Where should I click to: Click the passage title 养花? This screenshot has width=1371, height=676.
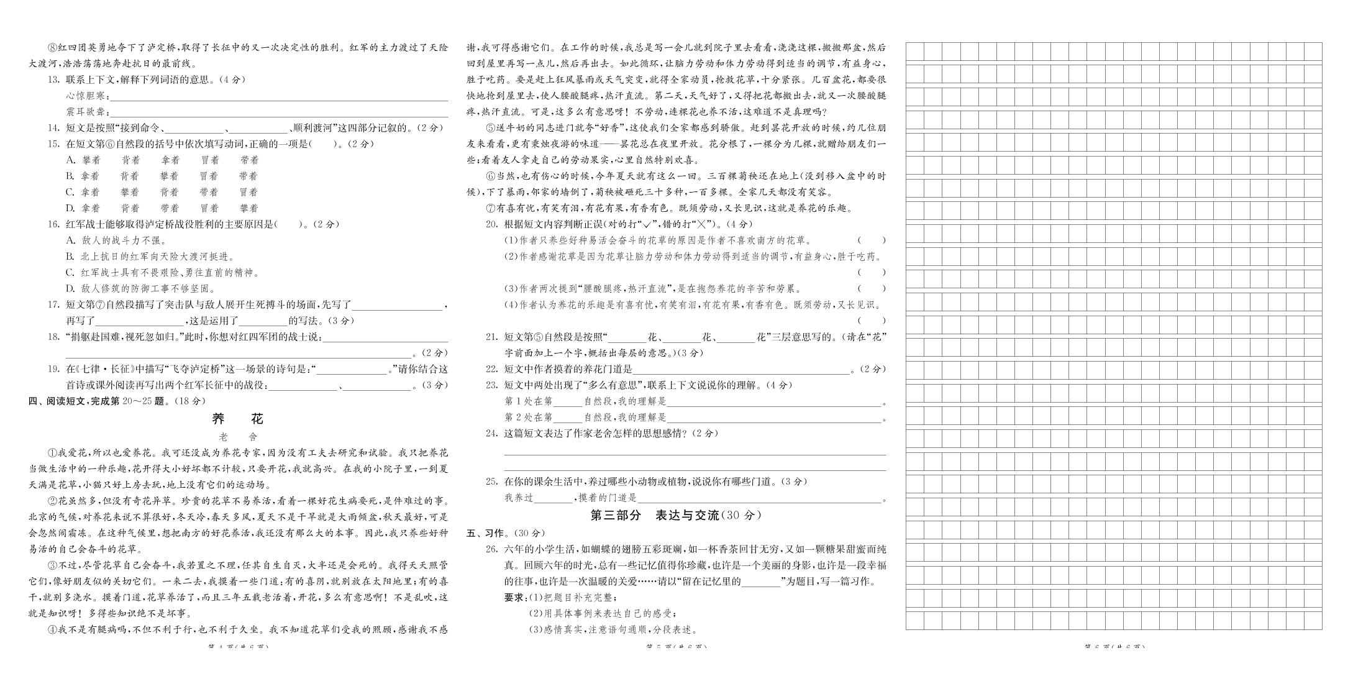(238, 419)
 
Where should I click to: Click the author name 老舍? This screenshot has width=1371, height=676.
(238, 437)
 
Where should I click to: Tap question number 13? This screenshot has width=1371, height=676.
(53, 80)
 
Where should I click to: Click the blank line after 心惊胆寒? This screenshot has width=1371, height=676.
(278, 97)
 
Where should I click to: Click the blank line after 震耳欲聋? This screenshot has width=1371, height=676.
(278, 113)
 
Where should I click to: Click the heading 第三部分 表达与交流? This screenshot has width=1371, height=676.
(675, 515)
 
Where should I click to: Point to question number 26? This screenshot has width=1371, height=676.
(491, 549)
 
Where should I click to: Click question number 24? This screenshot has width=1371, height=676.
(491, 434)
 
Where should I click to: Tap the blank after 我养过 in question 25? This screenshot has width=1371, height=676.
(553, 498)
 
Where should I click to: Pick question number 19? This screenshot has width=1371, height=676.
(53, 369)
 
